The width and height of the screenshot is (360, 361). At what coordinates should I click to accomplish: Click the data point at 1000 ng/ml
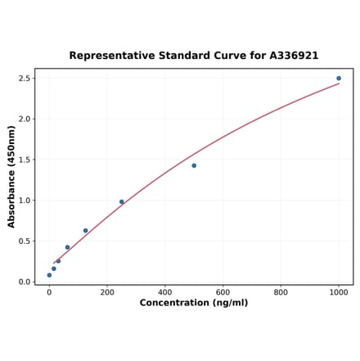[339, 79]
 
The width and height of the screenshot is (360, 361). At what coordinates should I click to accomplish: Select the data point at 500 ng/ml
[194, 165]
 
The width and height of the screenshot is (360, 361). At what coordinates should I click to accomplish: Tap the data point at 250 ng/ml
[122, 202]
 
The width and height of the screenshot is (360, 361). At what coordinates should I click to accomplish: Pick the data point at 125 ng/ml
[85, 231]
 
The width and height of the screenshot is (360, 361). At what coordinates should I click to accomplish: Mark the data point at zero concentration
[49, 275]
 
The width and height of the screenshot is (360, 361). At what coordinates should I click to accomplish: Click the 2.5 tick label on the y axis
[24, 79]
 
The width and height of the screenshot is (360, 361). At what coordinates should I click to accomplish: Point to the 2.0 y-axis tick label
[24, 120]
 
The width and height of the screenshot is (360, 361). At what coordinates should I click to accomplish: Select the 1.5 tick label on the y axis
[24, 160]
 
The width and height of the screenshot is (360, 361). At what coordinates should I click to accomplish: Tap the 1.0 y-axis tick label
[24, 201]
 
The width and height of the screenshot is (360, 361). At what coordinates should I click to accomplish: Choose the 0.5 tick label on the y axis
[24, 241]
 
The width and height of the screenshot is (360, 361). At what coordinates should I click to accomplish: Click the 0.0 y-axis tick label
[24, 282]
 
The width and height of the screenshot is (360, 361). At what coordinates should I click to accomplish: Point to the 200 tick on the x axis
[107, 292]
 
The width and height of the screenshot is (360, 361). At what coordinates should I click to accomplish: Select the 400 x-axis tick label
[165, 292]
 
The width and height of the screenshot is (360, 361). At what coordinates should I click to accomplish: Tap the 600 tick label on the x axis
[223, 292]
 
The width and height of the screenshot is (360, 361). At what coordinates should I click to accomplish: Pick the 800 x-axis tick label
[281, 292]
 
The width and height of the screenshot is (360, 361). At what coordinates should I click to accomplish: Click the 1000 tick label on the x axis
[339, 292]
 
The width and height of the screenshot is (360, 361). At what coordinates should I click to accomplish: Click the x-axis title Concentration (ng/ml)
[194, 304]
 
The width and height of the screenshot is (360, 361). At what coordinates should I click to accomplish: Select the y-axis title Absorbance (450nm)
[11, 176]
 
